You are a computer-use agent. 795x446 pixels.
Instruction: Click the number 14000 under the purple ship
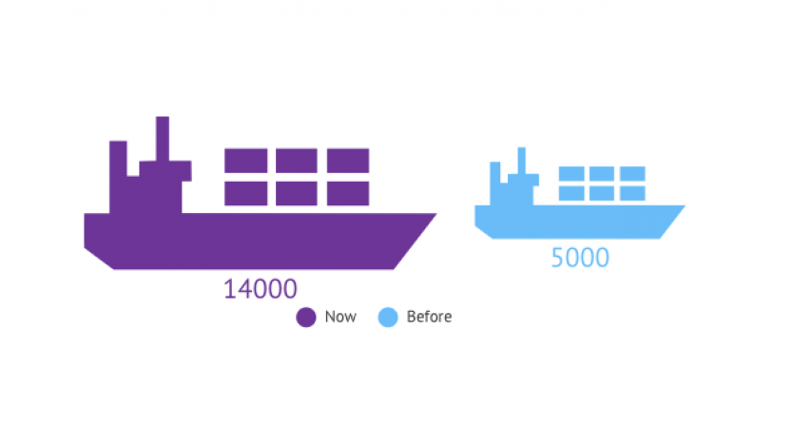[x=261, y=289]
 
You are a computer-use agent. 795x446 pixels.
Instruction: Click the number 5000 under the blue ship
[x=580, y=258]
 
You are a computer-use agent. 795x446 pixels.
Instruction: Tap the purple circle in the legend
[x=305, y=318]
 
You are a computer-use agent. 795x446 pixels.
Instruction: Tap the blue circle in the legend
[x=387, y=318]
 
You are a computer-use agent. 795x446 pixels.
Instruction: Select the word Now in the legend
[x=339, y=317]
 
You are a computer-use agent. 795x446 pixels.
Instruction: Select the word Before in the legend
[x=429, y=317]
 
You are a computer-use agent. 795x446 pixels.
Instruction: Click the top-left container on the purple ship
[x=245, y=161]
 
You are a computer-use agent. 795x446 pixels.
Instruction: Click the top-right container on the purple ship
[x=348, y=161]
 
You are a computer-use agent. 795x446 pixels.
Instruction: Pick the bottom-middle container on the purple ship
[x=297, y=193]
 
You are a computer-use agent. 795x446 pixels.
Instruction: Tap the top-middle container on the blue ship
[x=601, y=173]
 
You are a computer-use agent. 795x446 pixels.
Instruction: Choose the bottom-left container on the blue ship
[x=571, y=192]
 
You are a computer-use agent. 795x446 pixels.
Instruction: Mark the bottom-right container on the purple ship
[x=348, y=193]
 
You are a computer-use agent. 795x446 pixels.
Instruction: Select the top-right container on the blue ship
[x=631, y=173]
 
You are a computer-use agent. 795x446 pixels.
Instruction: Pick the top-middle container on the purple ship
[x=297, y=161]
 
